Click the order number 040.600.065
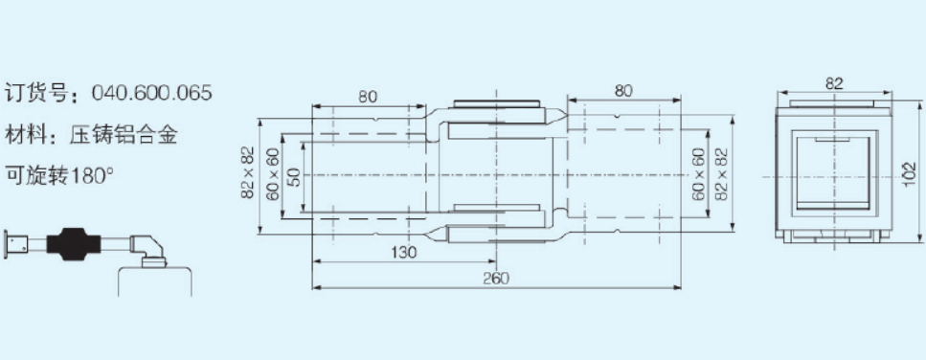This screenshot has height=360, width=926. tap(151, 93)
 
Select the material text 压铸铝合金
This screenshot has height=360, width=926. tap(123, 136)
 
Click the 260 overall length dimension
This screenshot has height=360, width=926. tap(495, 278)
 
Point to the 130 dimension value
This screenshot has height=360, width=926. tap(404, 253)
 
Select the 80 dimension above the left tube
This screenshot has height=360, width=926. tap(368, 97)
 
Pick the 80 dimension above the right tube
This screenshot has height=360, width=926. tap(623, 90)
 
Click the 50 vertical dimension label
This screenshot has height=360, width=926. tap(294, 176)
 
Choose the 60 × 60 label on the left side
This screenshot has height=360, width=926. tap(272, 174)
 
